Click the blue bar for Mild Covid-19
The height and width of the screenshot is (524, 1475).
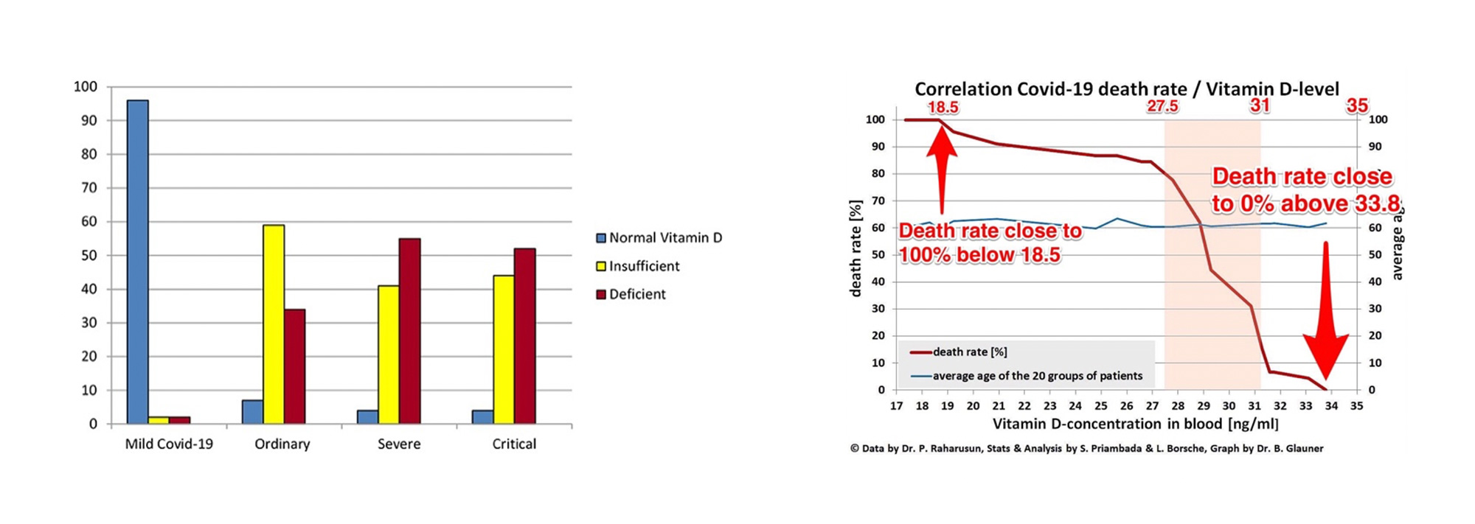click(x=137, y=262)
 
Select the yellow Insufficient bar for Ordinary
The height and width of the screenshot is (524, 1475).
click(x=274, y=324)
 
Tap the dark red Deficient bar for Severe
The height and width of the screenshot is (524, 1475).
click(x=409, y=331)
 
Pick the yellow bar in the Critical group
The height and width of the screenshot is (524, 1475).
click(x=504, y=349)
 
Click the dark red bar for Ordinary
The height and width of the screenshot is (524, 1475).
click(x=294, y=366)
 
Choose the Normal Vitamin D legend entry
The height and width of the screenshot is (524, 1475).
click(x=659, y=238)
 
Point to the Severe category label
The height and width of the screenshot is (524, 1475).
click(x=399, y=444)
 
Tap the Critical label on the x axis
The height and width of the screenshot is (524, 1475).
click(x=514, y=444)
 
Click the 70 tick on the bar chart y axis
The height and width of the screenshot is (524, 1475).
click(x=88, y=188)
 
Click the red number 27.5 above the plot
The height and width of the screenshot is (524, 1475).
click(x=1162, y=106)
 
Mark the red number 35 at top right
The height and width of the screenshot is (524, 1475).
click(x=1357, y=105)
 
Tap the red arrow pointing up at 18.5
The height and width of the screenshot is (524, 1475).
click(x=942, y=166)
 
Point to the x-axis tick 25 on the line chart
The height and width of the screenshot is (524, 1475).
click(x=1101, y=406)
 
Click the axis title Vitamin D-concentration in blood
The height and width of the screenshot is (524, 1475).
click(x=1135, y=424)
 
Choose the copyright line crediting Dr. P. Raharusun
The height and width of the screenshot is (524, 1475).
click(x=1086, y=448)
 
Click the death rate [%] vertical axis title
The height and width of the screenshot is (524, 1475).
click(x=855, y=248)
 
